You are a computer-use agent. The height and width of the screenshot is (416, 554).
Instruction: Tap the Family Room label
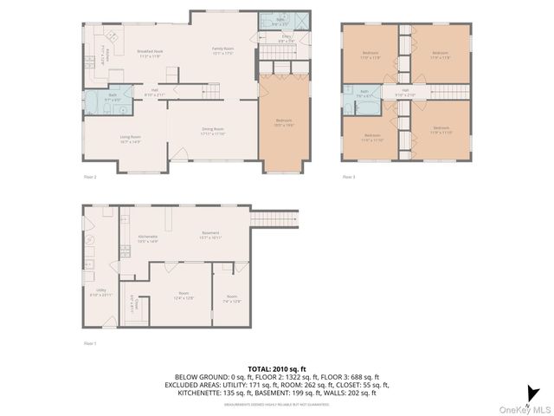pyautogui.click(x=223, y=50)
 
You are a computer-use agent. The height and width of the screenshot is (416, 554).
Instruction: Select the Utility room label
pyautogui.click(x=101, y=292)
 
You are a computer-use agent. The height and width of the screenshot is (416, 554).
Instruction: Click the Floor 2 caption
pyautogui.click(x=90, y=178)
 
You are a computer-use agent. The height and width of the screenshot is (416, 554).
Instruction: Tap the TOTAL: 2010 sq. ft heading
pyautogui.click(x=277, y=368)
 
